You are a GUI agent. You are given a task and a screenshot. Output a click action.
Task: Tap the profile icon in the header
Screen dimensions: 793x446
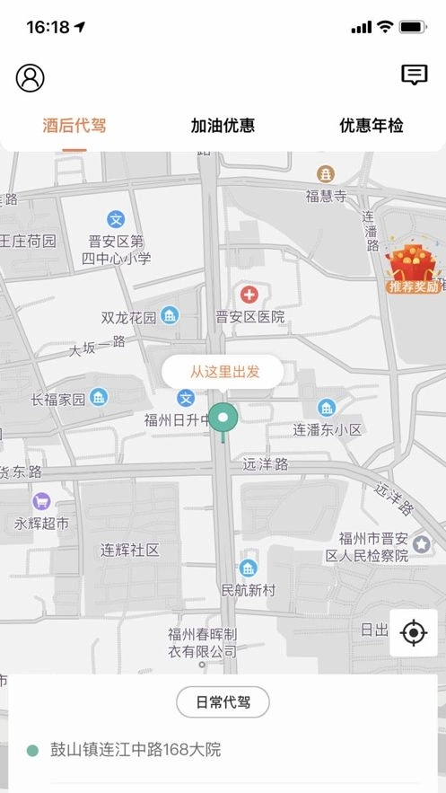(x=30, y=78)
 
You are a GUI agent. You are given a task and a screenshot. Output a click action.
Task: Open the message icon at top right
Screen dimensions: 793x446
(x=414, y=75)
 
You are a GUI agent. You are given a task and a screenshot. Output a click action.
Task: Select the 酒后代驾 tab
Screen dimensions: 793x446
(x=74, y=126)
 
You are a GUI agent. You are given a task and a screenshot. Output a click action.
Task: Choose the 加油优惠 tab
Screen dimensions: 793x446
(x=223, y=126)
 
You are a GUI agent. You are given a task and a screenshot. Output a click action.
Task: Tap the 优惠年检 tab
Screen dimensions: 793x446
(x=372, y=126)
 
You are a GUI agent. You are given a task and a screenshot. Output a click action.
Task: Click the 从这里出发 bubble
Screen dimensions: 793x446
(x=223, y=371)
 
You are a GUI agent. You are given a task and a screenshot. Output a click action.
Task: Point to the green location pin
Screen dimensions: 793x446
(x=223, y=418)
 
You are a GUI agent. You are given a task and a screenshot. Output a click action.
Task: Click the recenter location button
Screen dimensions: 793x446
(x=414, y=632)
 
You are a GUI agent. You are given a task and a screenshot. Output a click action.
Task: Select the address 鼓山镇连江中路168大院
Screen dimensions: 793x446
(x=136, y=749)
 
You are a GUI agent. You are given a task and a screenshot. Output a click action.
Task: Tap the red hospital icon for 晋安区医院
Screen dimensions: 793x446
(x=248, y=295)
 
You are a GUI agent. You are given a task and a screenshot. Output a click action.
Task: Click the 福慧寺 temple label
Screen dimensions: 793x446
(x=326, y=195)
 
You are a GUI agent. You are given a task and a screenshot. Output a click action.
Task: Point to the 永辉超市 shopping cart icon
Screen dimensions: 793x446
(x=41, y=501)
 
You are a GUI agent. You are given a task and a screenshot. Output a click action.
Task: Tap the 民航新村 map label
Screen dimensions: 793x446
(x=248, y=590)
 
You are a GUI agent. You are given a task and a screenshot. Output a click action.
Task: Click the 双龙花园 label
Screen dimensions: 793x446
(x=129, y=317)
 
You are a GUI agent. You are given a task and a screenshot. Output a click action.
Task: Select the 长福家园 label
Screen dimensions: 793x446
(x=58, y=399)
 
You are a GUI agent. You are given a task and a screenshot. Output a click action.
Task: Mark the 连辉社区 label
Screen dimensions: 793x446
(x=129, y=550)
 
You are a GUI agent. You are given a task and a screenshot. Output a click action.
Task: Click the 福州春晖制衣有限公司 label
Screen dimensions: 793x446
(x=203, y=642)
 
